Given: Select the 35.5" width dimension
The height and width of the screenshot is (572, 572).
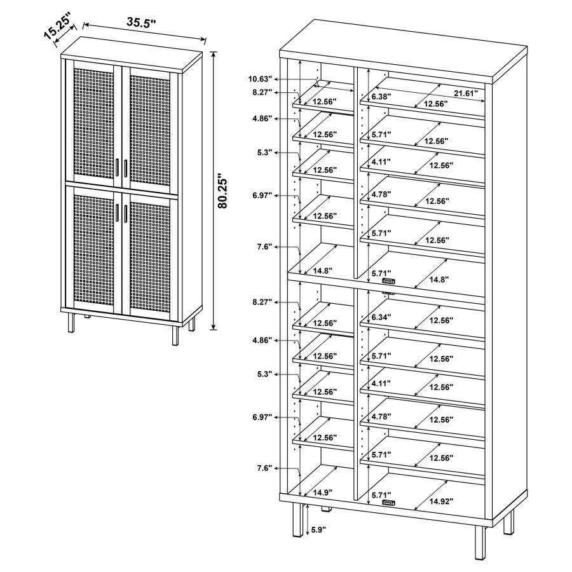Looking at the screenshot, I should (x=141, y=22).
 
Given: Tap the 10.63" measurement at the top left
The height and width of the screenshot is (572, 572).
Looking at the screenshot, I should (x=260, y=79).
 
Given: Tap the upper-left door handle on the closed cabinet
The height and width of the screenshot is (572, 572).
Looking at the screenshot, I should (x=119, y=167).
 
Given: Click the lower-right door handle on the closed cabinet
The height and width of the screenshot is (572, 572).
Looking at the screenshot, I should (x=126, y=214).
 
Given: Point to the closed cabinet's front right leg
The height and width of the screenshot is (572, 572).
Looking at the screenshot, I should (x=175, y=330).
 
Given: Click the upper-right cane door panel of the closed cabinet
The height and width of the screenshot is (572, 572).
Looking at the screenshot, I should (x=150, y=121).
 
